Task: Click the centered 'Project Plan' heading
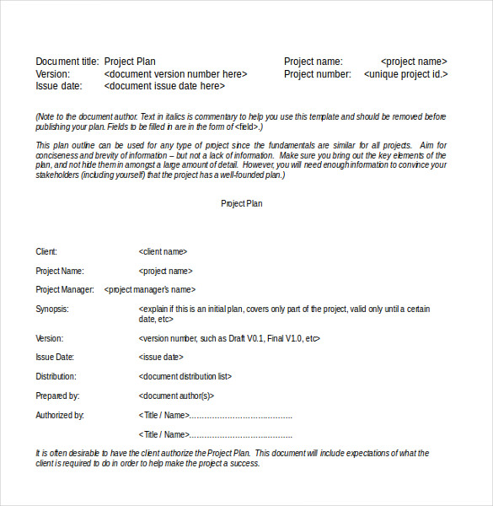[242, 203]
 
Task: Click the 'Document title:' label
[67, 62]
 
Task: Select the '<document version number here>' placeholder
[176, 74]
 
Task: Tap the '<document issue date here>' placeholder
[164, 86]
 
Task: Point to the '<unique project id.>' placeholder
[405, 74]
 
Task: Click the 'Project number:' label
[318, 74]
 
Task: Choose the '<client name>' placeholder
[163, 251]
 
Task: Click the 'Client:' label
[47, 251]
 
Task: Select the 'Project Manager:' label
[65, 290]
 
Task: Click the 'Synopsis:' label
[52, 310]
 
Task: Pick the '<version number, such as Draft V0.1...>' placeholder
[229, 338]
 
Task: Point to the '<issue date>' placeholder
[160, 358]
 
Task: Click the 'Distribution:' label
[56, 377]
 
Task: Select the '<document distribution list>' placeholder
[185, 377]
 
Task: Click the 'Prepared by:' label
[57, 396]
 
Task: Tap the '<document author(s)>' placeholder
[176, 396]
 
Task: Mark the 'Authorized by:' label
[60, 415]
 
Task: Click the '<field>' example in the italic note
[247, 127]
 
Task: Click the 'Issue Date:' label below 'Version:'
[56, 358]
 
